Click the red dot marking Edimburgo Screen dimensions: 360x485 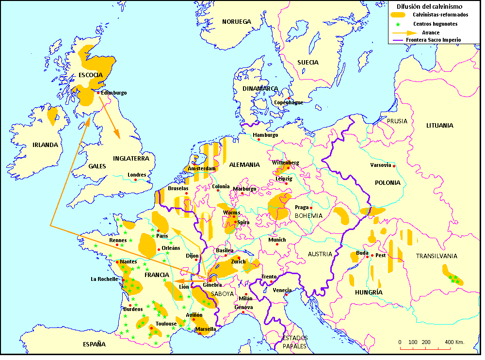(x=98, y=93)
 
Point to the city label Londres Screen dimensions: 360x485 (x=137, y=175)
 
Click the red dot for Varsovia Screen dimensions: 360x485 (x=394, y=166)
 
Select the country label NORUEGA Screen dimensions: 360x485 (x=236, y=22)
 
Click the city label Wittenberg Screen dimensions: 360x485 (x=286, y=163)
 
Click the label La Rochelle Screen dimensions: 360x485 (x=104, y=279)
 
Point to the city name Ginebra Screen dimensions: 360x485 (x=212, y=285)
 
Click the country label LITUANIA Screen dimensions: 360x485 (x=440, y=125)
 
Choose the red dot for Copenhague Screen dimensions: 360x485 (x=289, y=98)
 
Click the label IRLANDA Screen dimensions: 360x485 (x=45, y=145)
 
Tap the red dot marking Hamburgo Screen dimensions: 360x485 (x=259, y=140)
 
